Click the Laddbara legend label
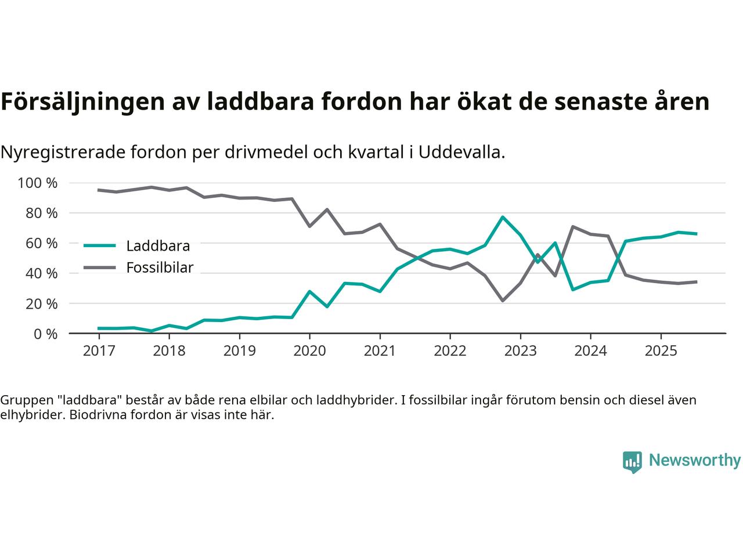coord(158,246)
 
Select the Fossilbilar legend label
coord(160,267)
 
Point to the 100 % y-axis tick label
coord(38,183)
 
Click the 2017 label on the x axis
coord(99,351)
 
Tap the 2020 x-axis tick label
coord(309,351)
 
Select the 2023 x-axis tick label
coord(520,351)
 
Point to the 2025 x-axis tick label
coord(661,351)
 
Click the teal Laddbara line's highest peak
coord(503,217)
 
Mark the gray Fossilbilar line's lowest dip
coord(503,301)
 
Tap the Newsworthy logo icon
coord(632,462)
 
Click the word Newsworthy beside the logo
coord(694,461)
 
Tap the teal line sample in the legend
coord(100,245)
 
